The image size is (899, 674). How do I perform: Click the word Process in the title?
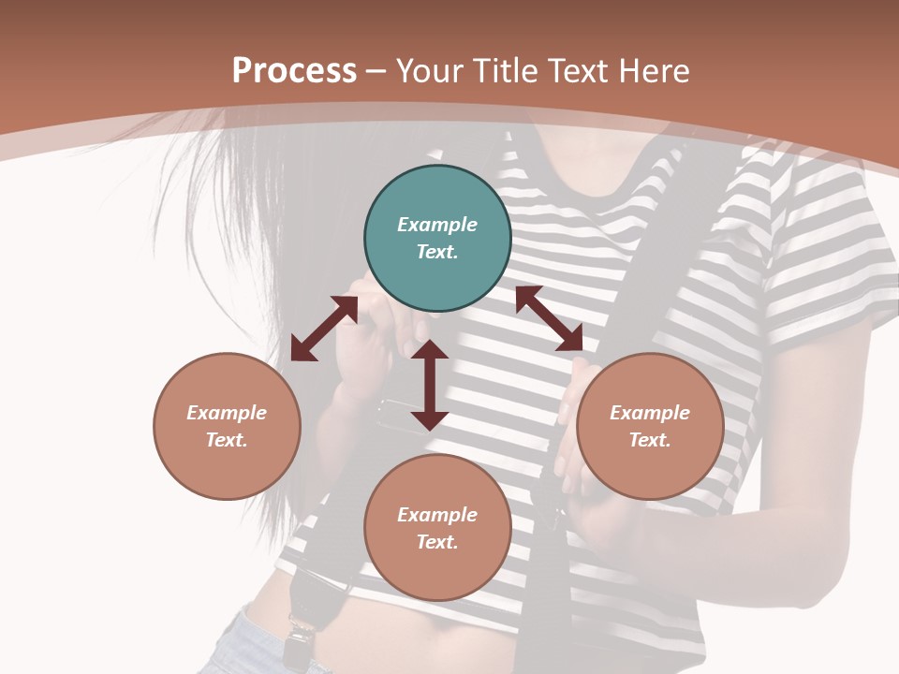[294, 71]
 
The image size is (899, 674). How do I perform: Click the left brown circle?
[227, 426]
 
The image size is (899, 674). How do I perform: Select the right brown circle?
[650, 426]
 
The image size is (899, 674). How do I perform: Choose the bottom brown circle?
[437, 528]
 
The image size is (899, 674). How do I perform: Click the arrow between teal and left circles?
[324, 329]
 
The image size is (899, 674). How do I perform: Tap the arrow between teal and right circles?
[549, 318]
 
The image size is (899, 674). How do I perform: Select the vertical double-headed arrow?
[429, 385]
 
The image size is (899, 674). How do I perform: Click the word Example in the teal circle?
[437, 225]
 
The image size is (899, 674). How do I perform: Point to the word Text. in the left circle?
[227, 440]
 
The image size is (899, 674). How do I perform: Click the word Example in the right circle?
[650, 413]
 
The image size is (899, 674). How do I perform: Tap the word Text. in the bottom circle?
[437, 542]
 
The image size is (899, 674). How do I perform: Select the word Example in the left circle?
[227, 413]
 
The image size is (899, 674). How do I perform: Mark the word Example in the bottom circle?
[437, 515]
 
